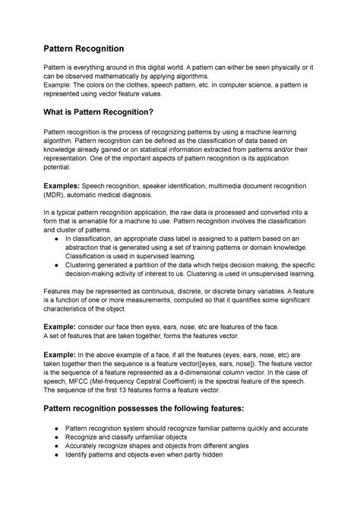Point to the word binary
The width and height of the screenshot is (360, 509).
[x=250, y=292]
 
